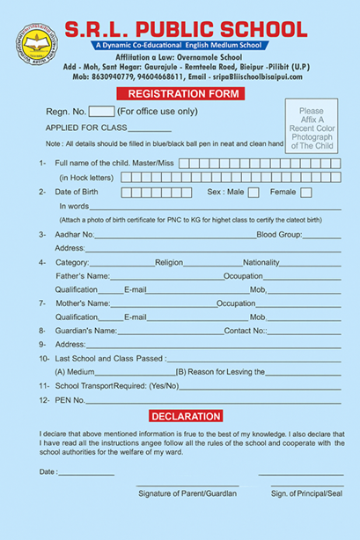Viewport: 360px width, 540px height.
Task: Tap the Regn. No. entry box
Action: [102, 112]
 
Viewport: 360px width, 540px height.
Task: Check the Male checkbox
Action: [253, 192]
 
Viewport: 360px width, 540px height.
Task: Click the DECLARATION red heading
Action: [186, 416]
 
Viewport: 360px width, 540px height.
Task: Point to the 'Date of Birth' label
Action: [81, 192]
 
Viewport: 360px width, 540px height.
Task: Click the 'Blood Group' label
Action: [278, 235]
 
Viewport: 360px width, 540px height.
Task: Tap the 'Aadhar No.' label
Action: [75, 235]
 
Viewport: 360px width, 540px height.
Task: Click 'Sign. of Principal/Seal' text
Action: [305, 493]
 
